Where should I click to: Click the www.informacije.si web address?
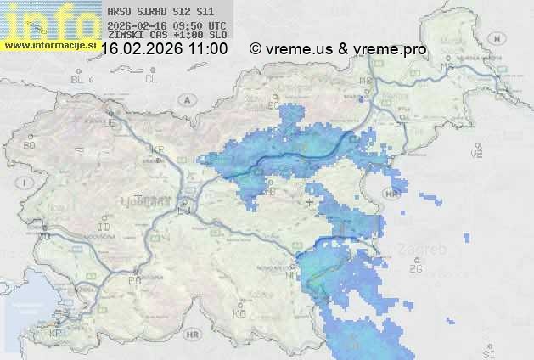point(51,44)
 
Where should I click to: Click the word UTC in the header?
point(216,26)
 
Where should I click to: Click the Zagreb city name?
point(427,250)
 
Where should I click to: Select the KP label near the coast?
point(56,334)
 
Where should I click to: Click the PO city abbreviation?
point(133,279)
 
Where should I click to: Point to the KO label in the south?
point(239,313)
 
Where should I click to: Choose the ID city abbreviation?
point(104,228)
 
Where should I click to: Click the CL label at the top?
point(152,79)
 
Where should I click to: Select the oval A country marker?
point(186,98)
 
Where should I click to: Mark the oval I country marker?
point(26,183)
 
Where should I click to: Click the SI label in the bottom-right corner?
point(487,352)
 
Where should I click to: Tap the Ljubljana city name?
point(152,202)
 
